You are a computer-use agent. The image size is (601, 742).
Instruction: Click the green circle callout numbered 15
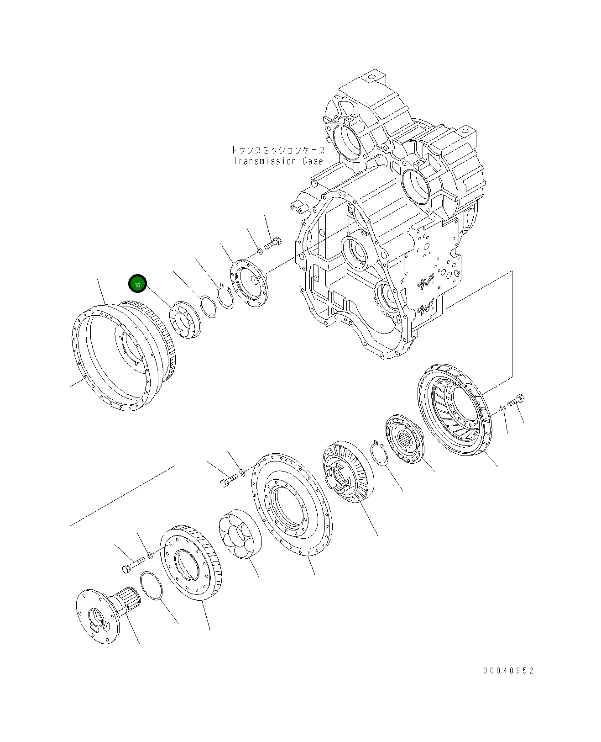pos(137,284)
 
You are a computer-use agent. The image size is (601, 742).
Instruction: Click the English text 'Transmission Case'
pos(278,161)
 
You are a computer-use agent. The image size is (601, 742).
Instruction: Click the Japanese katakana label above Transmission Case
pos(278,150)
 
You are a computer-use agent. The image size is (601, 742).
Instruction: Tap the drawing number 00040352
pos(508,671)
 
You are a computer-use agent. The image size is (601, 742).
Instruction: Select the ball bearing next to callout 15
pos(185,320)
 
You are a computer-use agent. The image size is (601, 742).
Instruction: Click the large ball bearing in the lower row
pos(240,534)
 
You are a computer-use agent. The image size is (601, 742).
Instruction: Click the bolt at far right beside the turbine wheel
pos(516,401)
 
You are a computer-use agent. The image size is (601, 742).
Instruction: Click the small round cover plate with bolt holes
pos(250,284)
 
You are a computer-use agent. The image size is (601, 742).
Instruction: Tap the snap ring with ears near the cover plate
pos(225,297)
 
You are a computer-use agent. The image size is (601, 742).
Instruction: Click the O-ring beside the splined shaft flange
pos(152,585)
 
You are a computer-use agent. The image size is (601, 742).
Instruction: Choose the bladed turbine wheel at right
pos(454,409)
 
